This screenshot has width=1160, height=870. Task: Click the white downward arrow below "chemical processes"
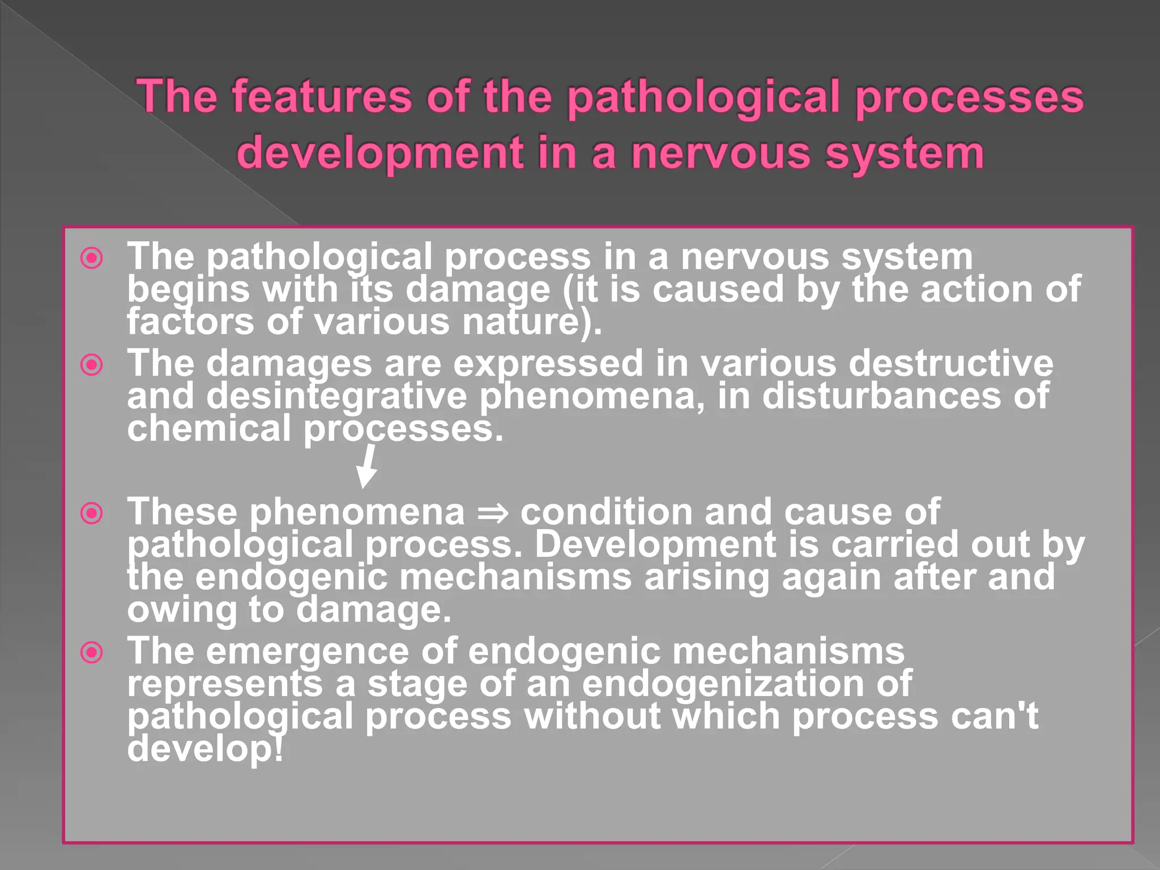[x=367, y=466]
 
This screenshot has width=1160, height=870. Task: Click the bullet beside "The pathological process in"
[x=92, y=258]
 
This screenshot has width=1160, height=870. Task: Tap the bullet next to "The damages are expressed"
[x=92, y=365]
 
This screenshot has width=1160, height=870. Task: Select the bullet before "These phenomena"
[x=92, y=514]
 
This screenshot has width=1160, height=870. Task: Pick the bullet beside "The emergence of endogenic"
[x=92, y=652]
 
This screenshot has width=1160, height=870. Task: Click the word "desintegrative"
[x=336, y=396]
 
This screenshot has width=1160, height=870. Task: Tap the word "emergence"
[x=308, y=651]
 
